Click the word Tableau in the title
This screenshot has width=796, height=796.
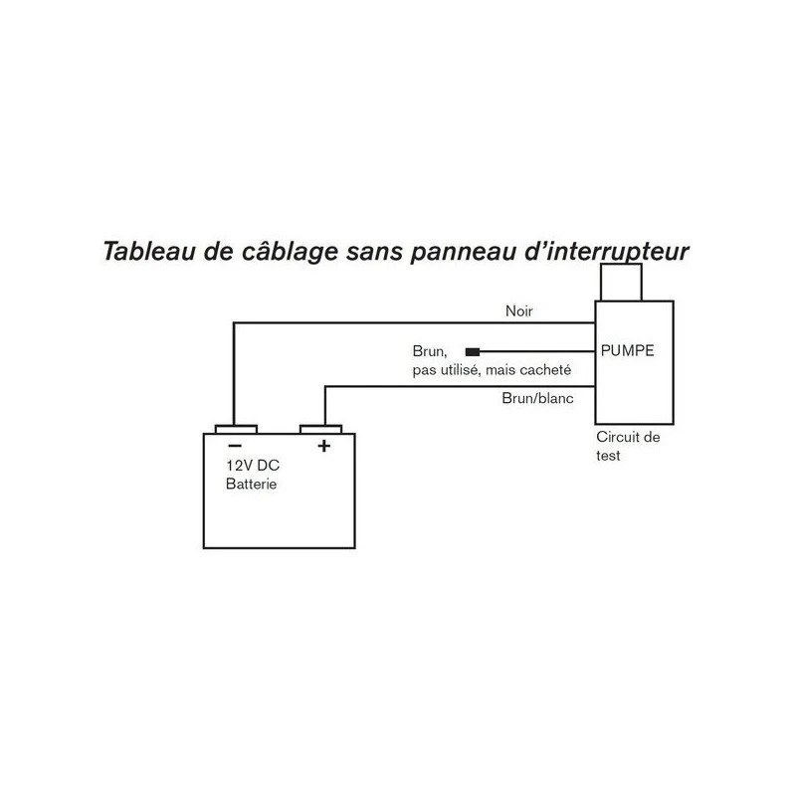point(149,252)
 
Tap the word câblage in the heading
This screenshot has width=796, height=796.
point(290,253)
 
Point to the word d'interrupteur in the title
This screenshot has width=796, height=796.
point(607,253)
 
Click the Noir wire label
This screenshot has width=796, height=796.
point(518,310)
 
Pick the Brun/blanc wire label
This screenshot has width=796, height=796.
point(537,398)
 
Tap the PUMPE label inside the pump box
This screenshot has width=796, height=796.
point(628,350)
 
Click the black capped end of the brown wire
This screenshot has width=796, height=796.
point(473,351)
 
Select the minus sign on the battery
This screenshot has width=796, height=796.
point(235,446)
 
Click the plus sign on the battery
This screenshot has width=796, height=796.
point(324,446)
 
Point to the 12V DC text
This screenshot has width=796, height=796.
point(253,465)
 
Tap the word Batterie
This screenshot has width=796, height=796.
point(252,484)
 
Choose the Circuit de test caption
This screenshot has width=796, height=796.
point(628,446)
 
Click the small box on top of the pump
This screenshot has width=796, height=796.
point(621,283)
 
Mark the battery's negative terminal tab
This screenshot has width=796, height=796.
point(236,430)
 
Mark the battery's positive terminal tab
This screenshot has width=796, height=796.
point(320,430)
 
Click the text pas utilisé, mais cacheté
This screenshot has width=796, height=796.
point(492,370)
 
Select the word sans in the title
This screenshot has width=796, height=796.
point(374,253)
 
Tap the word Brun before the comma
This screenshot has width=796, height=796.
point(428,351)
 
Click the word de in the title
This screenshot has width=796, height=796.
point(218,252)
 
